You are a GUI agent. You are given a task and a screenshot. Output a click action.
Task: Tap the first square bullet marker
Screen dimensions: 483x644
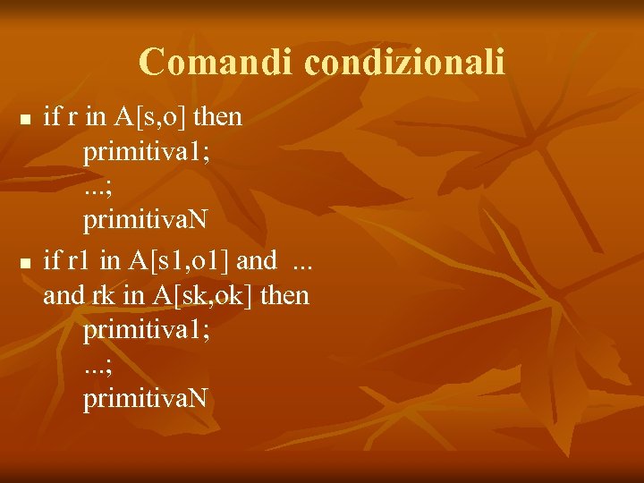pyautogui.click(x=26, y=119)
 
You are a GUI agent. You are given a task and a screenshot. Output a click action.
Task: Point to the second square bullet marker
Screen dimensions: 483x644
pyautogui.click(x=26, y=263)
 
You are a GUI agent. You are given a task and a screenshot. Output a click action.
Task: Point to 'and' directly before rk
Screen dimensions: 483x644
pyautogui.click(x=63, y=295)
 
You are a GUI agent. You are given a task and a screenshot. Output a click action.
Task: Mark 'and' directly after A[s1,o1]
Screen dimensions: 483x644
pyautogui.click(x=258, y=261)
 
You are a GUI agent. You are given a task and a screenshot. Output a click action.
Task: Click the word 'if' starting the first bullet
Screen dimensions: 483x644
pyautogui.click(x=52, y=117)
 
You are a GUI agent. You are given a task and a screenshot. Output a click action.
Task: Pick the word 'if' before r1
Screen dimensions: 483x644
pyautogui.click(x=52, y=261)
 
